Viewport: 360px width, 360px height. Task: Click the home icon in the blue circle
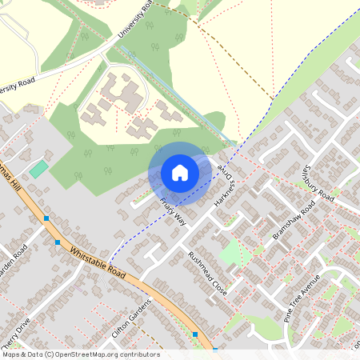pos(180,172)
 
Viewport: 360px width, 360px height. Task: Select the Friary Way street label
pos(173,212)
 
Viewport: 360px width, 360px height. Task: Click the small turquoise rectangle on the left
pos(38,170)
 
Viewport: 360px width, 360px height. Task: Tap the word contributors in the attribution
pos(141,354)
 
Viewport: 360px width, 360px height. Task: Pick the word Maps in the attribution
pos(10,354)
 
